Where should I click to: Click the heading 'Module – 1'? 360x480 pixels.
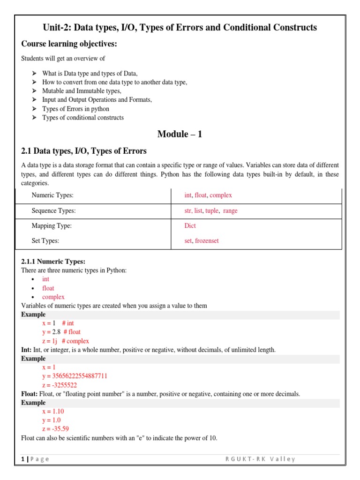[x=180, y=134]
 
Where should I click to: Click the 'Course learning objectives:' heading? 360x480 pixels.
[x=69, y=44]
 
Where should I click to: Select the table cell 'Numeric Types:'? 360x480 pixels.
[x=52, y=195]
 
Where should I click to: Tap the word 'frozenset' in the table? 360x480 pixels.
[x=207, y=241]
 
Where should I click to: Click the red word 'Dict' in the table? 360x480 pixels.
[x=190, y=226]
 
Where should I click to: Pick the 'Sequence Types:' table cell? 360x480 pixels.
[x=53, y=211]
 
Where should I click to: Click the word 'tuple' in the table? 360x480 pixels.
[x=212, y=211]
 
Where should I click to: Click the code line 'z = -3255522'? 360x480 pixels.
[x=60, y=385]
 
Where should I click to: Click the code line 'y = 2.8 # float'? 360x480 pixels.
[x=61, y=332]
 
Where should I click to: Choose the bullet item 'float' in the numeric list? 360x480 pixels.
[x=48, y=288]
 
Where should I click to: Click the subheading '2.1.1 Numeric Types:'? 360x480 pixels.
[x=53, y=262]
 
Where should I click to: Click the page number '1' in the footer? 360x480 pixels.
[x=23, y=459]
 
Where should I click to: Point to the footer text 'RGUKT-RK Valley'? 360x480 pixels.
[x=260, y=459]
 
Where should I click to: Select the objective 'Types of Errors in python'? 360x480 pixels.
[x=75, y=109]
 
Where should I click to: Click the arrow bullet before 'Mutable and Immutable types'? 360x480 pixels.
[x=34, y=91]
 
